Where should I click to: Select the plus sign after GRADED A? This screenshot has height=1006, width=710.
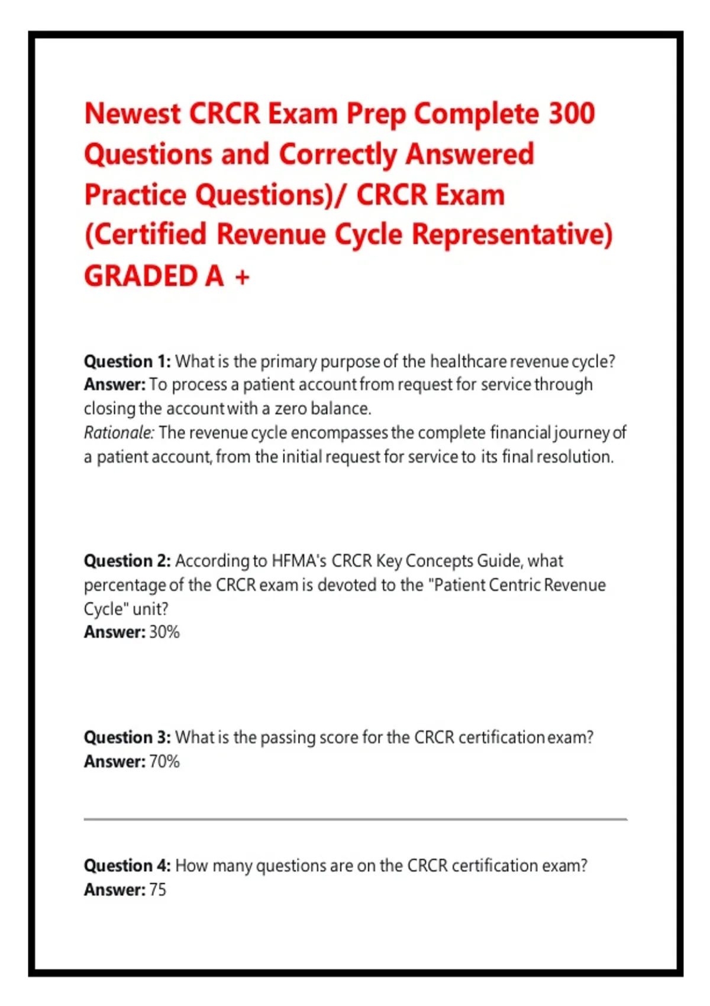[242, 277]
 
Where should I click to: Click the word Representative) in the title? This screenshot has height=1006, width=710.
[512, 235]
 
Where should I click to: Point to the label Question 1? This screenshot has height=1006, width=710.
[128, 361]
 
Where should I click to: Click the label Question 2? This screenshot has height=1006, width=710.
[128, 560]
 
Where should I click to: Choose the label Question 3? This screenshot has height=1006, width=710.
[128, 737]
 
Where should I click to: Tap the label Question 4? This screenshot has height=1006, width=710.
[128, 865]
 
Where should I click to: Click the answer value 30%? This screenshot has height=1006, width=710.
[164, 632]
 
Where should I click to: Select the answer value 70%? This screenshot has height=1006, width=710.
[164, 761]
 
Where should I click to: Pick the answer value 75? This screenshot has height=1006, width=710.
[157, 889]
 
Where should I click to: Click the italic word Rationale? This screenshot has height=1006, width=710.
[119, 432]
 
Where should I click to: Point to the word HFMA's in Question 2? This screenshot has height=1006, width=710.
[299, 560]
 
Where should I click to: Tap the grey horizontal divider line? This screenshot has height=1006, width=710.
[355, 819]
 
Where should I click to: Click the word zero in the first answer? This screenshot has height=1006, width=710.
[291, 409]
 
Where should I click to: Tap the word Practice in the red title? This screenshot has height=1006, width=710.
[135, 195]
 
